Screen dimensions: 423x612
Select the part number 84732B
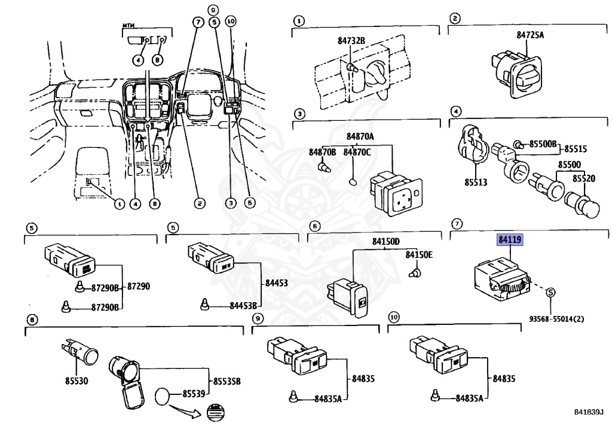(x=351, y=41)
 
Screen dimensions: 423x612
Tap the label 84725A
(x=530, y=35)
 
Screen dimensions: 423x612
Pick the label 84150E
(x=419, y=255)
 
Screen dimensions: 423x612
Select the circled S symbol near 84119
(x=550, y=293)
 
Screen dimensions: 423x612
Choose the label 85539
(x=194, y=393)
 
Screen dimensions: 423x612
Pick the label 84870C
(x=357, y=153)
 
